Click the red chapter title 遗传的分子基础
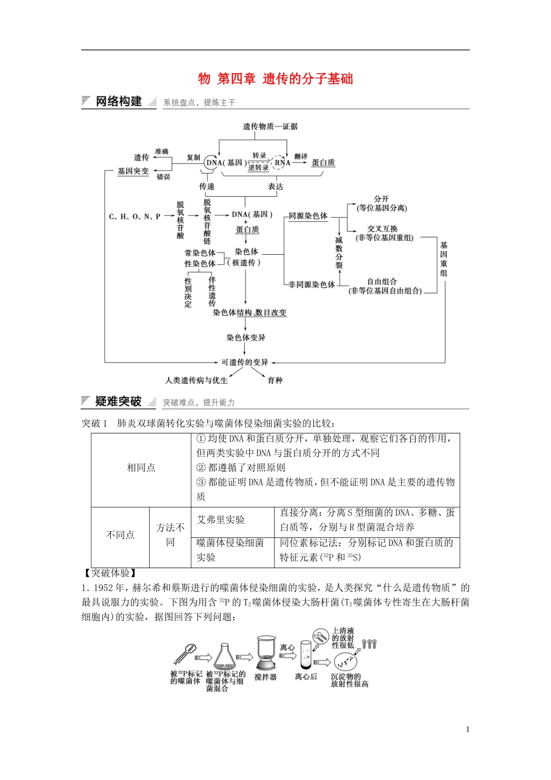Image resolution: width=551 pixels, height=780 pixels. click(x=307, y=79)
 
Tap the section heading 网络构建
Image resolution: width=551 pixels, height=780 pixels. click(x=118, y=102)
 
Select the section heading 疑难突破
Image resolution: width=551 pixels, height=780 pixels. click(x=118, y=402)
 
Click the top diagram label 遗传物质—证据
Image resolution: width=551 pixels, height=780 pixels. click(x=270, y=126)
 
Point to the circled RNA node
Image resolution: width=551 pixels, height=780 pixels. click(x=282, y=163)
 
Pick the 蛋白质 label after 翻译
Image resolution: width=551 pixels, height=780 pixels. click(x=323, y=163)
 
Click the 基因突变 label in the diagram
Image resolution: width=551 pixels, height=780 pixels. click(x=133, y=171)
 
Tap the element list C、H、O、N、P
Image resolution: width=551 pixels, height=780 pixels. click(x=135, y=216)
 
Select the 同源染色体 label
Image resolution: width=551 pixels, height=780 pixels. click(x=308, y=216)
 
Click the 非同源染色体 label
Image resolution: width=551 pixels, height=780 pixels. click(x=312, y=284)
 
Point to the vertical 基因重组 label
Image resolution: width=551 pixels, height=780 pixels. click(x=444, y=259)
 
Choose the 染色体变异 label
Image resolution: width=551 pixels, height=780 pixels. click(x=246, y=337)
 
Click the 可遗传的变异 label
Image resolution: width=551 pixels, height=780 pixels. click(x=245, y=362)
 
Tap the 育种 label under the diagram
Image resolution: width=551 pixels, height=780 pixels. click(x=275, y=380)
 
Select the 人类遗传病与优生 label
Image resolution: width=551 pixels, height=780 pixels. click(x=196, y=380)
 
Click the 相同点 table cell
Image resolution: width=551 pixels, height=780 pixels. click(x=141, y=468)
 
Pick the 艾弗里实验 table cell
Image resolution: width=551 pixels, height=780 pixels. click(x=220, y=519)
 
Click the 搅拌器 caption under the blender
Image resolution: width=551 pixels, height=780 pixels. click(x=265, y=677)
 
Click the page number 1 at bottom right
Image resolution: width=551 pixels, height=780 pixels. click(x=467, y=730)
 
